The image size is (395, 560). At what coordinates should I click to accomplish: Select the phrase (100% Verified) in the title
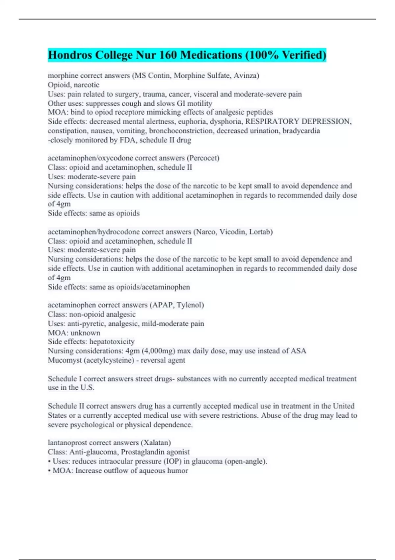pos(286,55)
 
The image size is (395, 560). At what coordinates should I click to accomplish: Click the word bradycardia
pos(301,131)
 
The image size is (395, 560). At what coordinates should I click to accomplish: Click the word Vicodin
pos(232,232)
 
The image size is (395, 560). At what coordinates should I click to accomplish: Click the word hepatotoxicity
pos(112,342)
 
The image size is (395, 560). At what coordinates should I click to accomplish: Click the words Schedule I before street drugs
pos(65,379)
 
